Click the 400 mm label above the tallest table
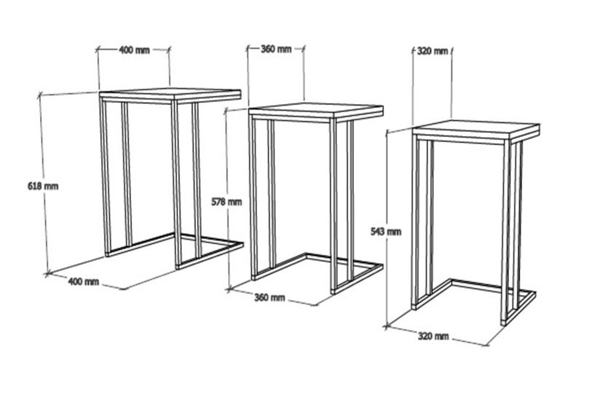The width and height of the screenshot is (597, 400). tap(135, 50)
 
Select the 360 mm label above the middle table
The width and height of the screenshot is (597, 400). tap(276, 49)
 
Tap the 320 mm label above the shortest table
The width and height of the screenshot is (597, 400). tap(432, 51)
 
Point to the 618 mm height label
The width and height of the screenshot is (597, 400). tap(43, 187)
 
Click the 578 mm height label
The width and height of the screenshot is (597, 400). tap(226, 202)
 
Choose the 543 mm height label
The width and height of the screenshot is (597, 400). tap(386, 232)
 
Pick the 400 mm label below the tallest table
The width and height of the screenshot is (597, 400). tap(84, 282)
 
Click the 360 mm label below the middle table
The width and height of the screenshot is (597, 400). tap(269, 297)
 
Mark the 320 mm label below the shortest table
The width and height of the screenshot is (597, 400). tap(433, 337)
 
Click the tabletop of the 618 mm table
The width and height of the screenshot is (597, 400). tap(170, 95)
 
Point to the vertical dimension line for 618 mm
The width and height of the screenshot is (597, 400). tap(44, 184)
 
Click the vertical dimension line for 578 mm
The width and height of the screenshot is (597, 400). tap(227, 200)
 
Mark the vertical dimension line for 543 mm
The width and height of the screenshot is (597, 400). tap(387, 230)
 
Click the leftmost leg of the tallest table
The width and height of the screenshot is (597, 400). tap(106, 177)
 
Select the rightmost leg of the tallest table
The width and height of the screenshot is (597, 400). tap(197, 180)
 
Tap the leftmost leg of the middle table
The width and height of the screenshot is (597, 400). tap(254, 197)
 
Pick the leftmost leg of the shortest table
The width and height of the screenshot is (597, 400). tap(416, 223)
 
